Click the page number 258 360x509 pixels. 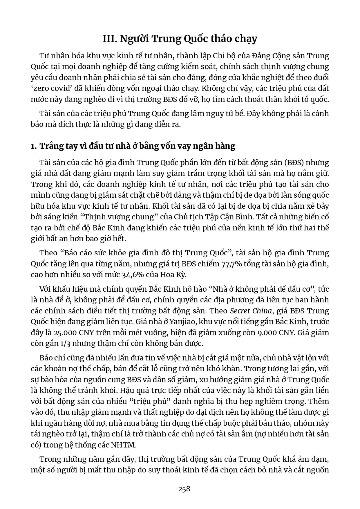[x=184, y=489]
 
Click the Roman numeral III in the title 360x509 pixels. [x=109, y=39]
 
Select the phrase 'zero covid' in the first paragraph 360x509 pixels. [x=48, y=88]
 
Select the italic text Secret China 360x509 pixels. [x=251, y=311]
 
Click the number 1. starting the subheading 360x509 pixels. [x=34, y=146]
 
